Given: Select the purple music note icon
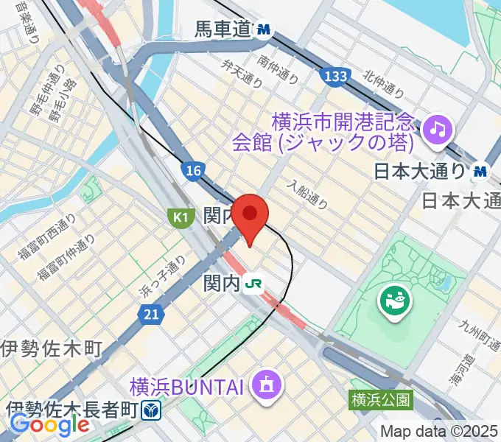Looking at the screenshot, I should click(x=438, y=130).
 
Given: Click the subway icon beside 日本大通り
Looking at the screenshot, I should click(x=481, y=172).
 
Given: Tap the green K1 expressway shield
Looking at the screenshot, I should click(x=179, y=217).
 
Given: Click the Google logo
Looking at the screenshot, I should click(x=49, y=424).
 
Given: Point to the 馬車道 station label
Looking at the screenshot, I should click(x=223, y=30).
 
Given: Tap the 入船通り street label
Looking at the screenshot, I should click(x=307, y=193).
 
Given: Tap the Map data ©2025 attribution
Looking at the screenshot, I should click(x=439, y=432).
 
